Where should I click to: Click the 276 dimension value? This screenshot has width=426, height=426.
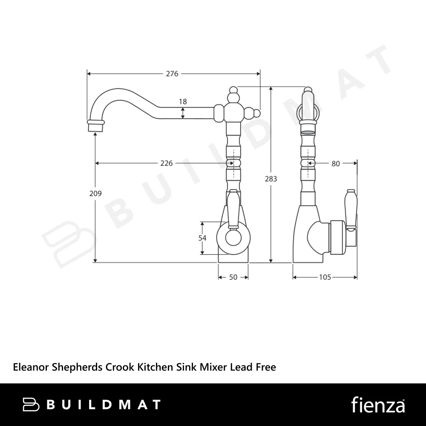click(172, 74)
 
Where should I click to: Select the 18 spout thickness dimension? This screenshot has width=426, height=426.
click(183, 102)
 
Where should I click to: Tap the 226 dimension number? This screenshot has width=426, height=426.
click(166, 163)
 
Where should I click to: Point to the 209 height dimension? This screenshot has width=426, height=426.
click(95, 193)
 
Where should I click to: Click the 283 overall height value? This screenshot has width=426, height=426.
click(271, 179)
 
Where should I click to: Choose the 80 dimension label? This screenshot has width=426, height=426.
click(336, 164)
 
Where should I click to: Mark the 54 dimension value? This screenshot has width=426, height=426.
click(202, 238)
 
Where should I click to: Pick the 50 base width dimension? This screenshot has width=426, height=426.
click(233, 277)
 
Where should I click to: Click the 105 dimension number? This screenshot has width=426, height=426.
click(325, 277)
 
